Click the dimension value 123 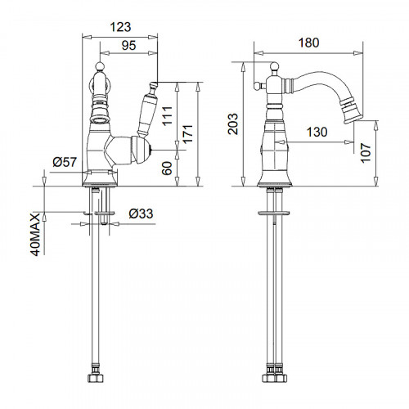coord(120,27)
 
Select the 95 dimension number coord(128,45)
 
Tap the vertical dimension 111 coord(168,116)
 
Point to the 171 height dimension coord(188,133)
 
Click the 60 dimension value coord(167,168)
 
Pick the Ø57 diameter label coord(65,162)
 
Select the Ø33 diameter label coord(141,213)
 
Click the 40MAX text coord(36,235)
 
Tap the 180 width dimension coord(308,43)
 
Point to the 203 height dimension coord(233,124)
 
